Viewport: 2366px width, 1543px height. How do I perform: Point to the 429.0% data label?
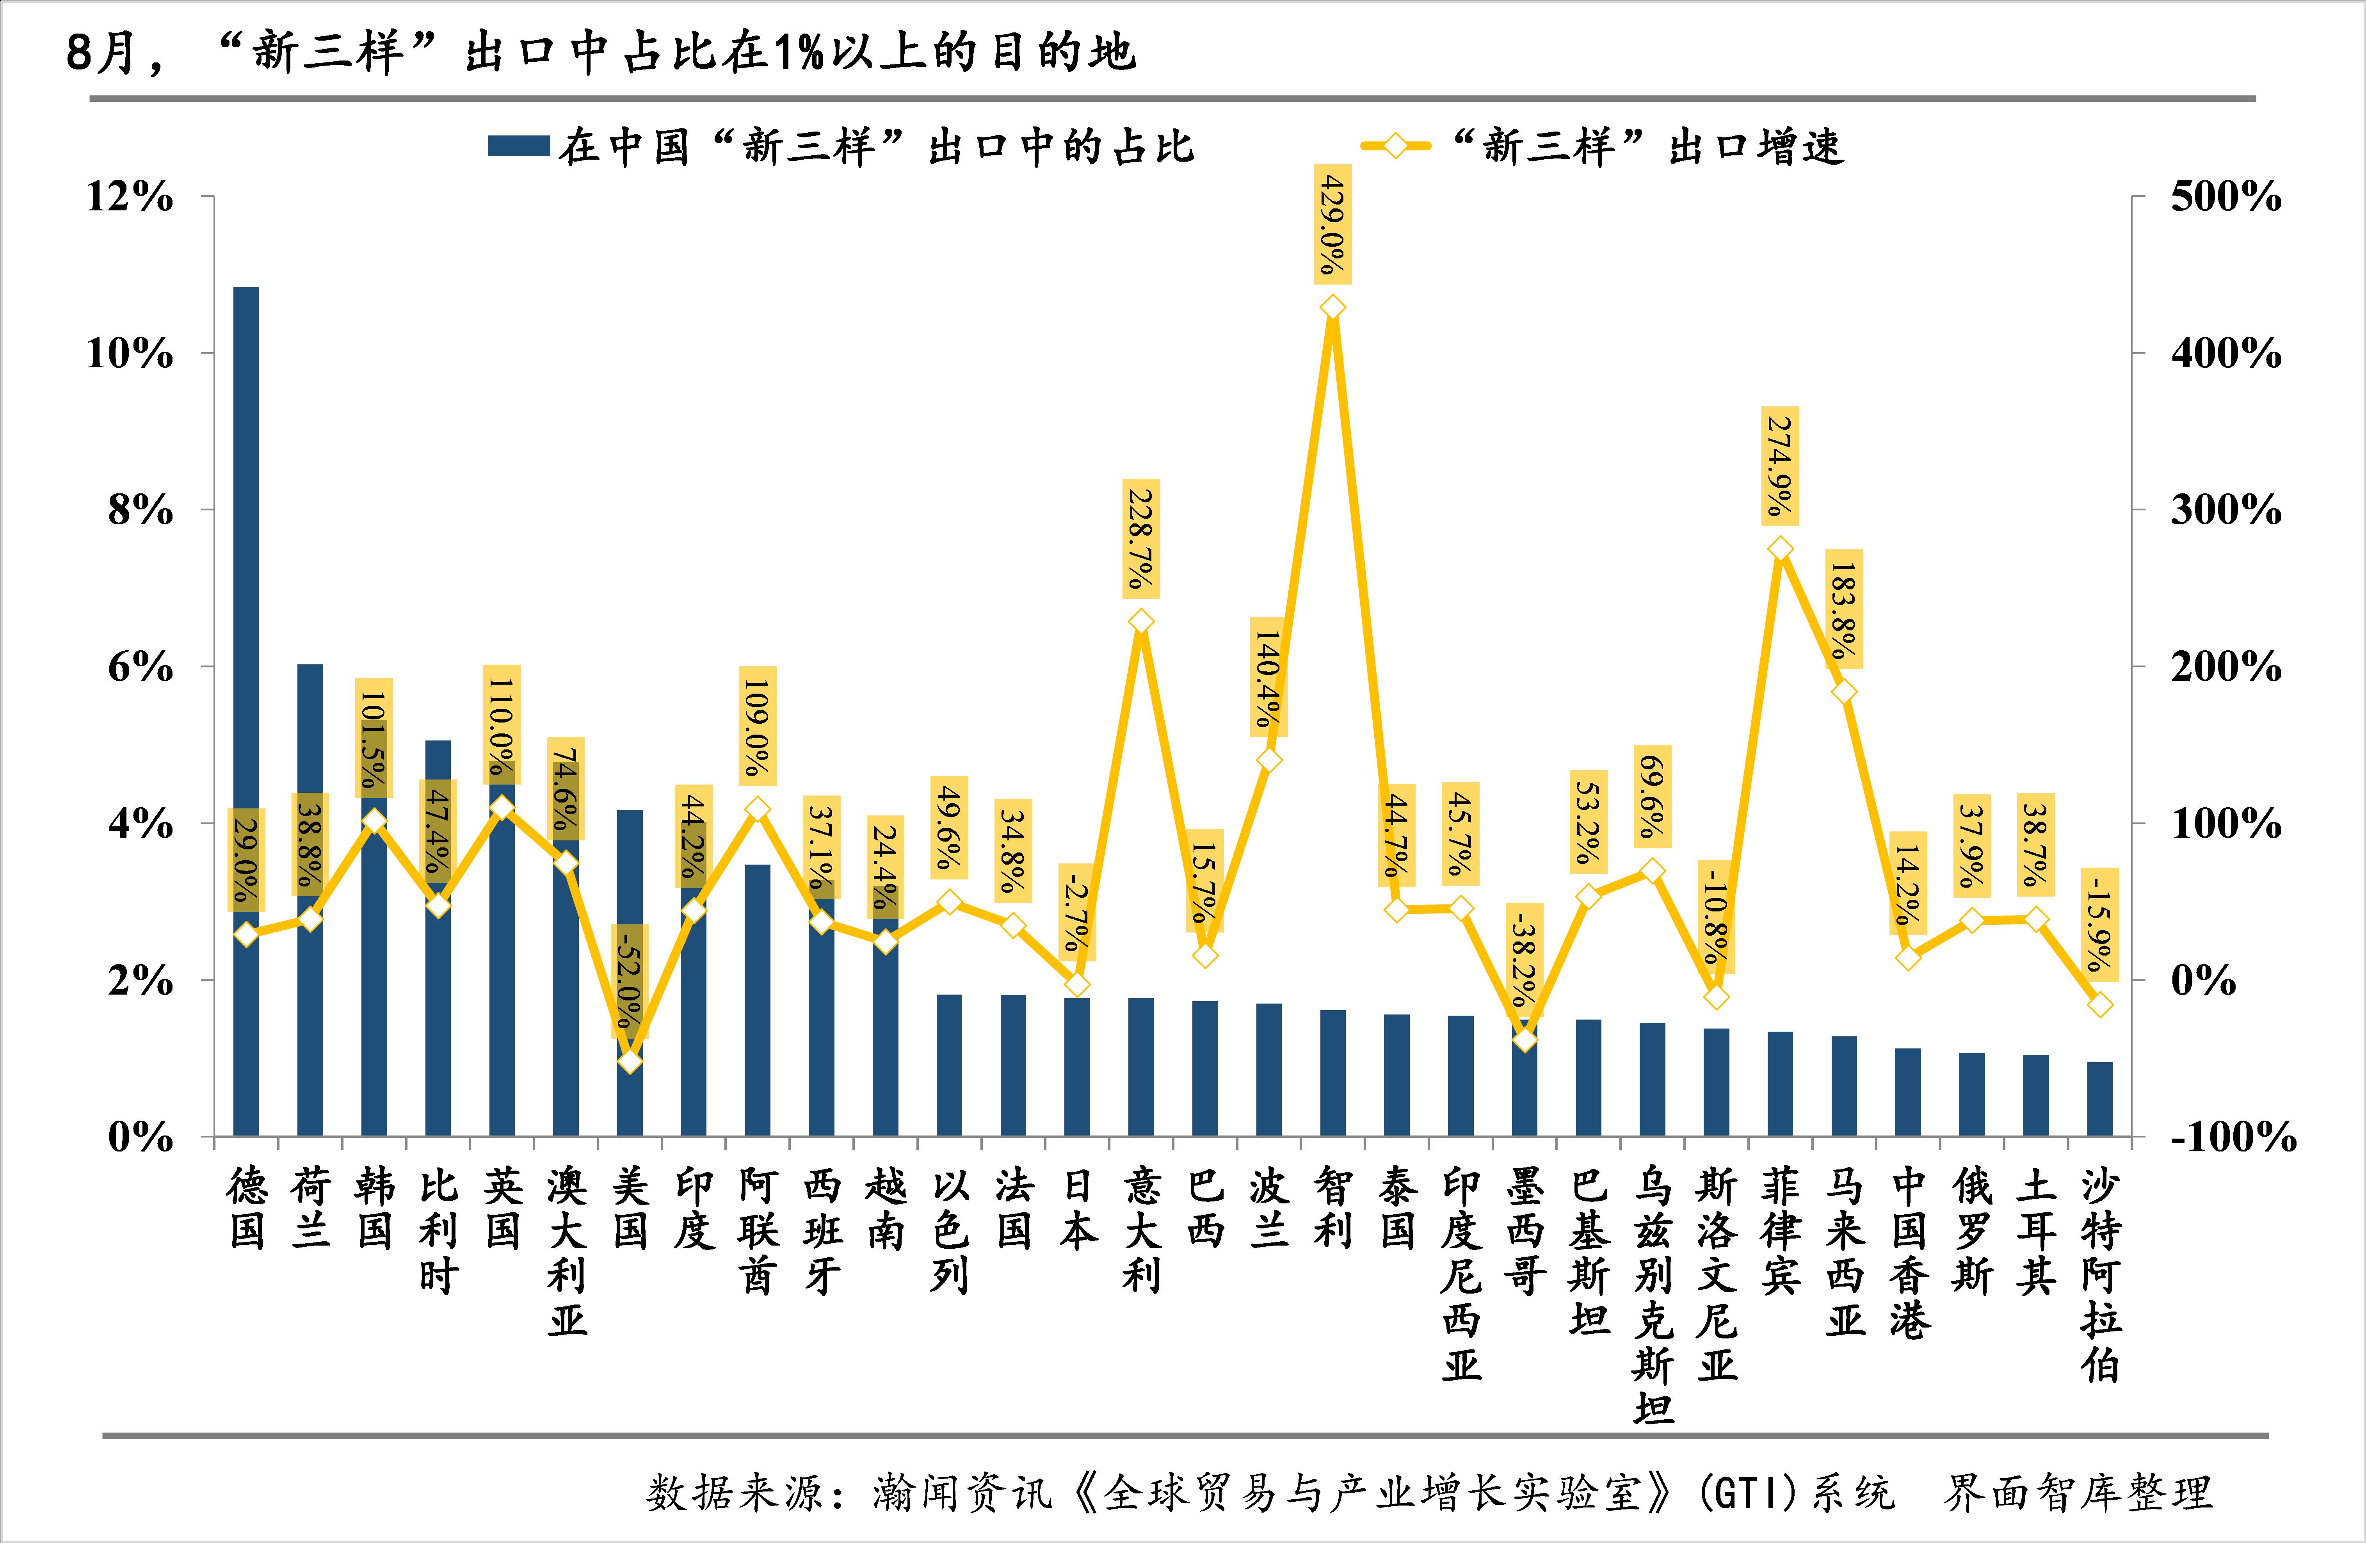[x=1333, y=225]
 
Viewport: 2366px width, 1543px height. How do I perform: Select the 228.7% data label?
[x=1141, y=538]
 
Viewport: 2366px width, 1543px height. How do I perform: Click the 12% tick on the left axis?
[x=129, y=197]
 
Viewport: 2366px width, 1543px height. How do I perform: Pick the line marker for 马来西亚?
[x=1844, y=692]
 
